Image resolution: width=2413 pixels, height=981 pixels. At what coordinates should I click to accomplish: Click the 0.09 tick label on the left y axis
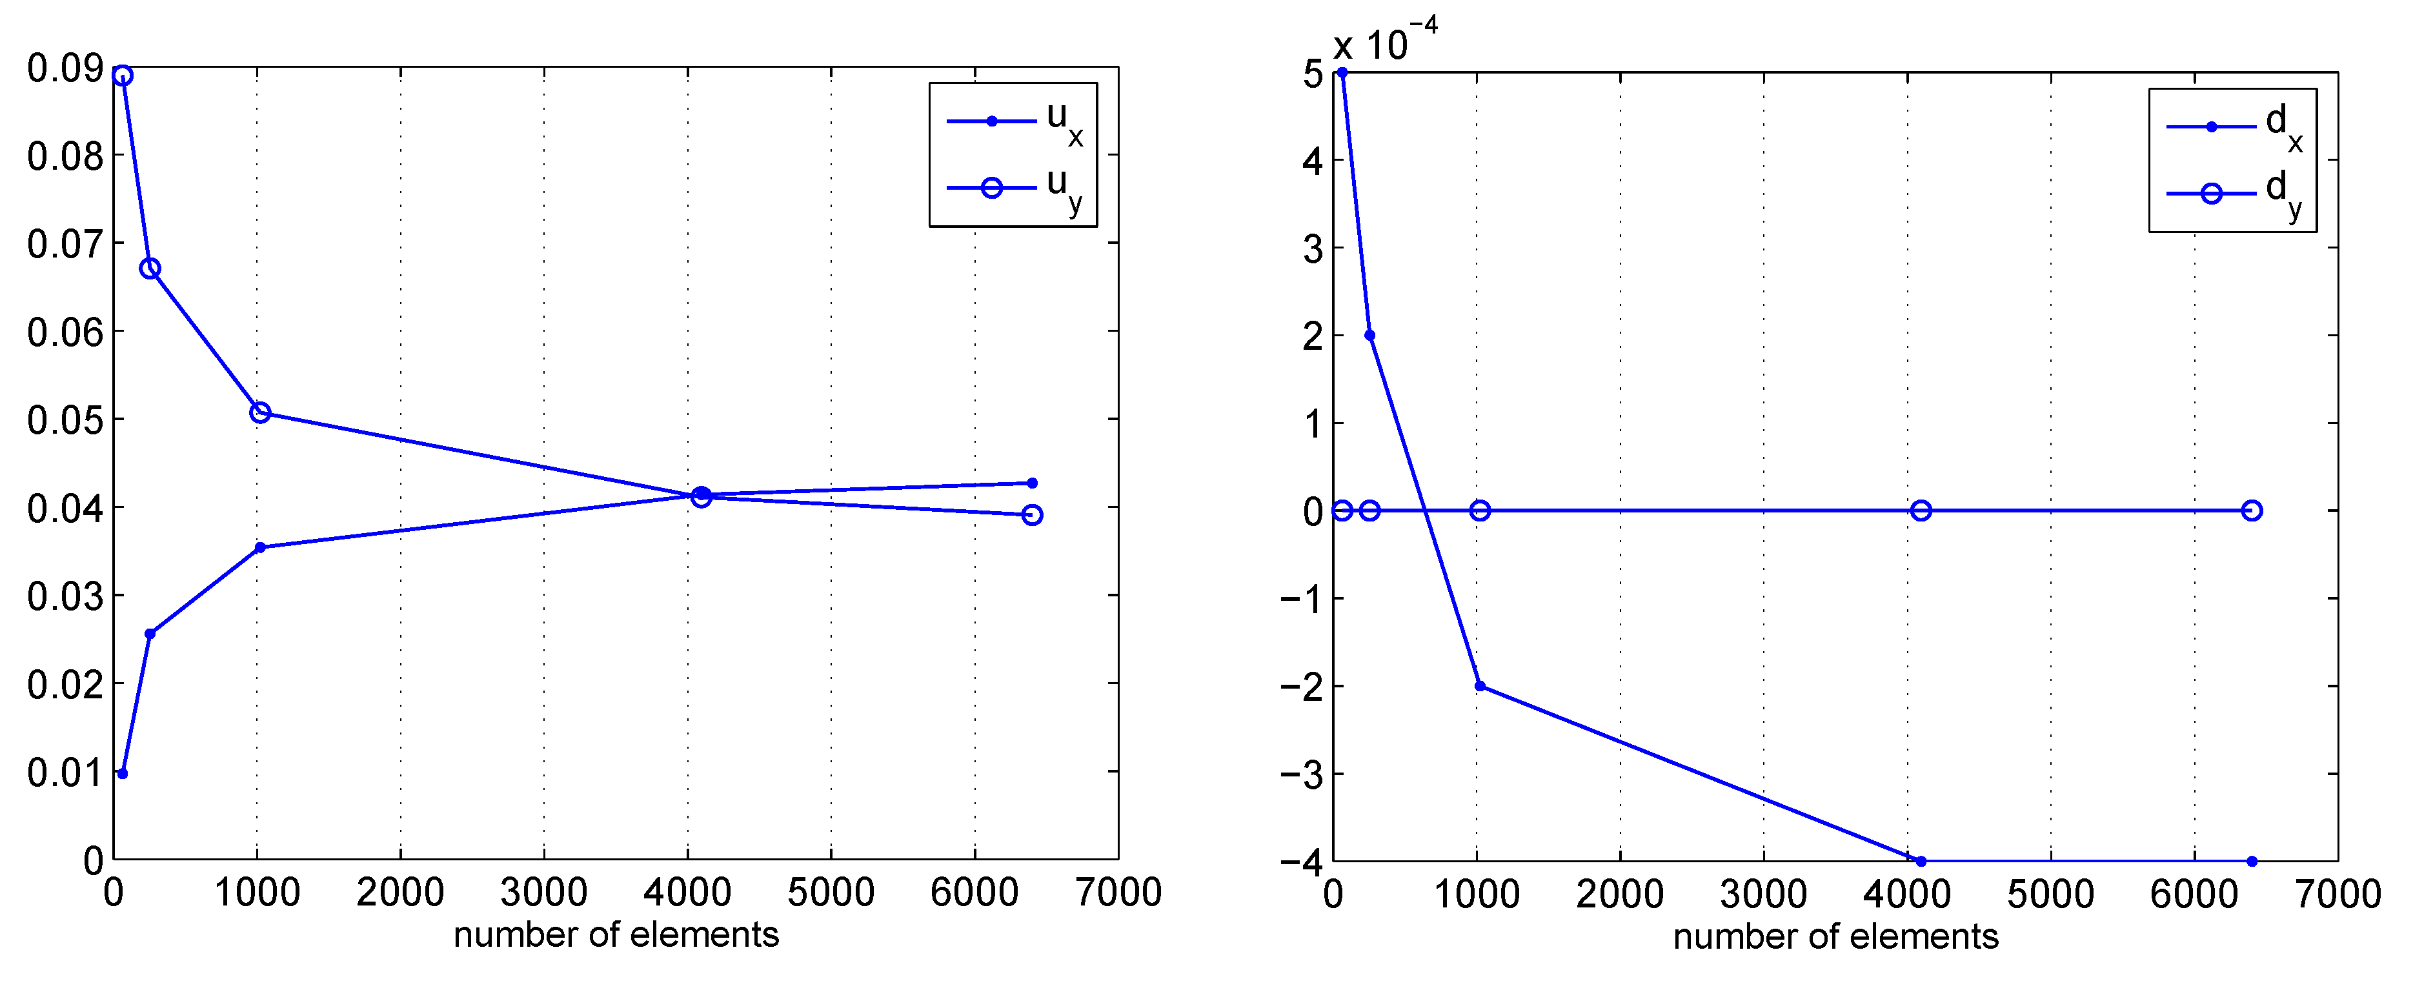(x=65, y=68)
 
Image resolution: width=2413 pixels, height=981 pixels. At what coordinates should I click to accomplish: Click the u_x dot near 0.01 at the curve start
(x=123, y=774)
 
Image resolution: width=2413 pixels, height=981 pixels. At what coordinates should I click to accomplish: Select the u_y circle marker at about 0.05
(x=261, y=413)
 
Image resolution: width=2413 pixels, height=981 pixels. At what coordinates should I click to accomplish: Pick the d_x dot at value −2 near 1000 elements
(x=1480, y=687)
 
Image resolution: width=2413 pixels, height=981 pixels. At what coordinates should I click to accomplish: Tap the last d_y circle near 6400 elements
(x=2252, y=511)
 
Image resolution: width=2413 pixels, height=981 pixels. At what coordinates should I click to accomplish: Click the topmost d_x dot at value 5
(x=1342, y=73)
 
